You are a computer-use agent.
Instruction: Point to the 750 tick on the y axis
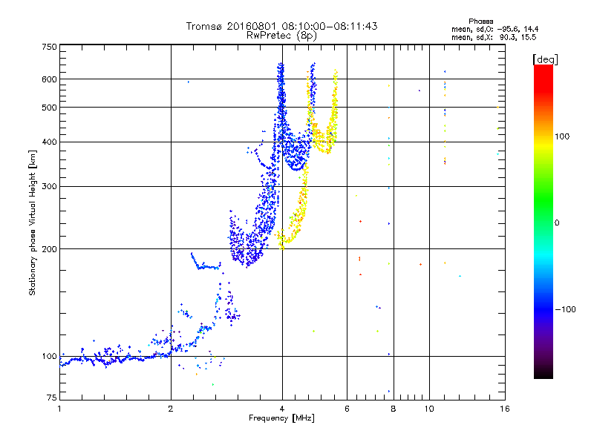point(50,47)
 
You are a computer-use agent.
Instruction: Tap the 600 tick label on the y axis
point(50,79)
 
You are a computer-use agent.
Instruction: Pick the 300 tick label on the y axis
point(50,186)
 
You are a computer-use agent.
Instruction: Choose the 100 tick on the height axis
point(50,356)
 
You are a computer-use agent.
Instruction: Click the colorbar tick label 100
point(560,136)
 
